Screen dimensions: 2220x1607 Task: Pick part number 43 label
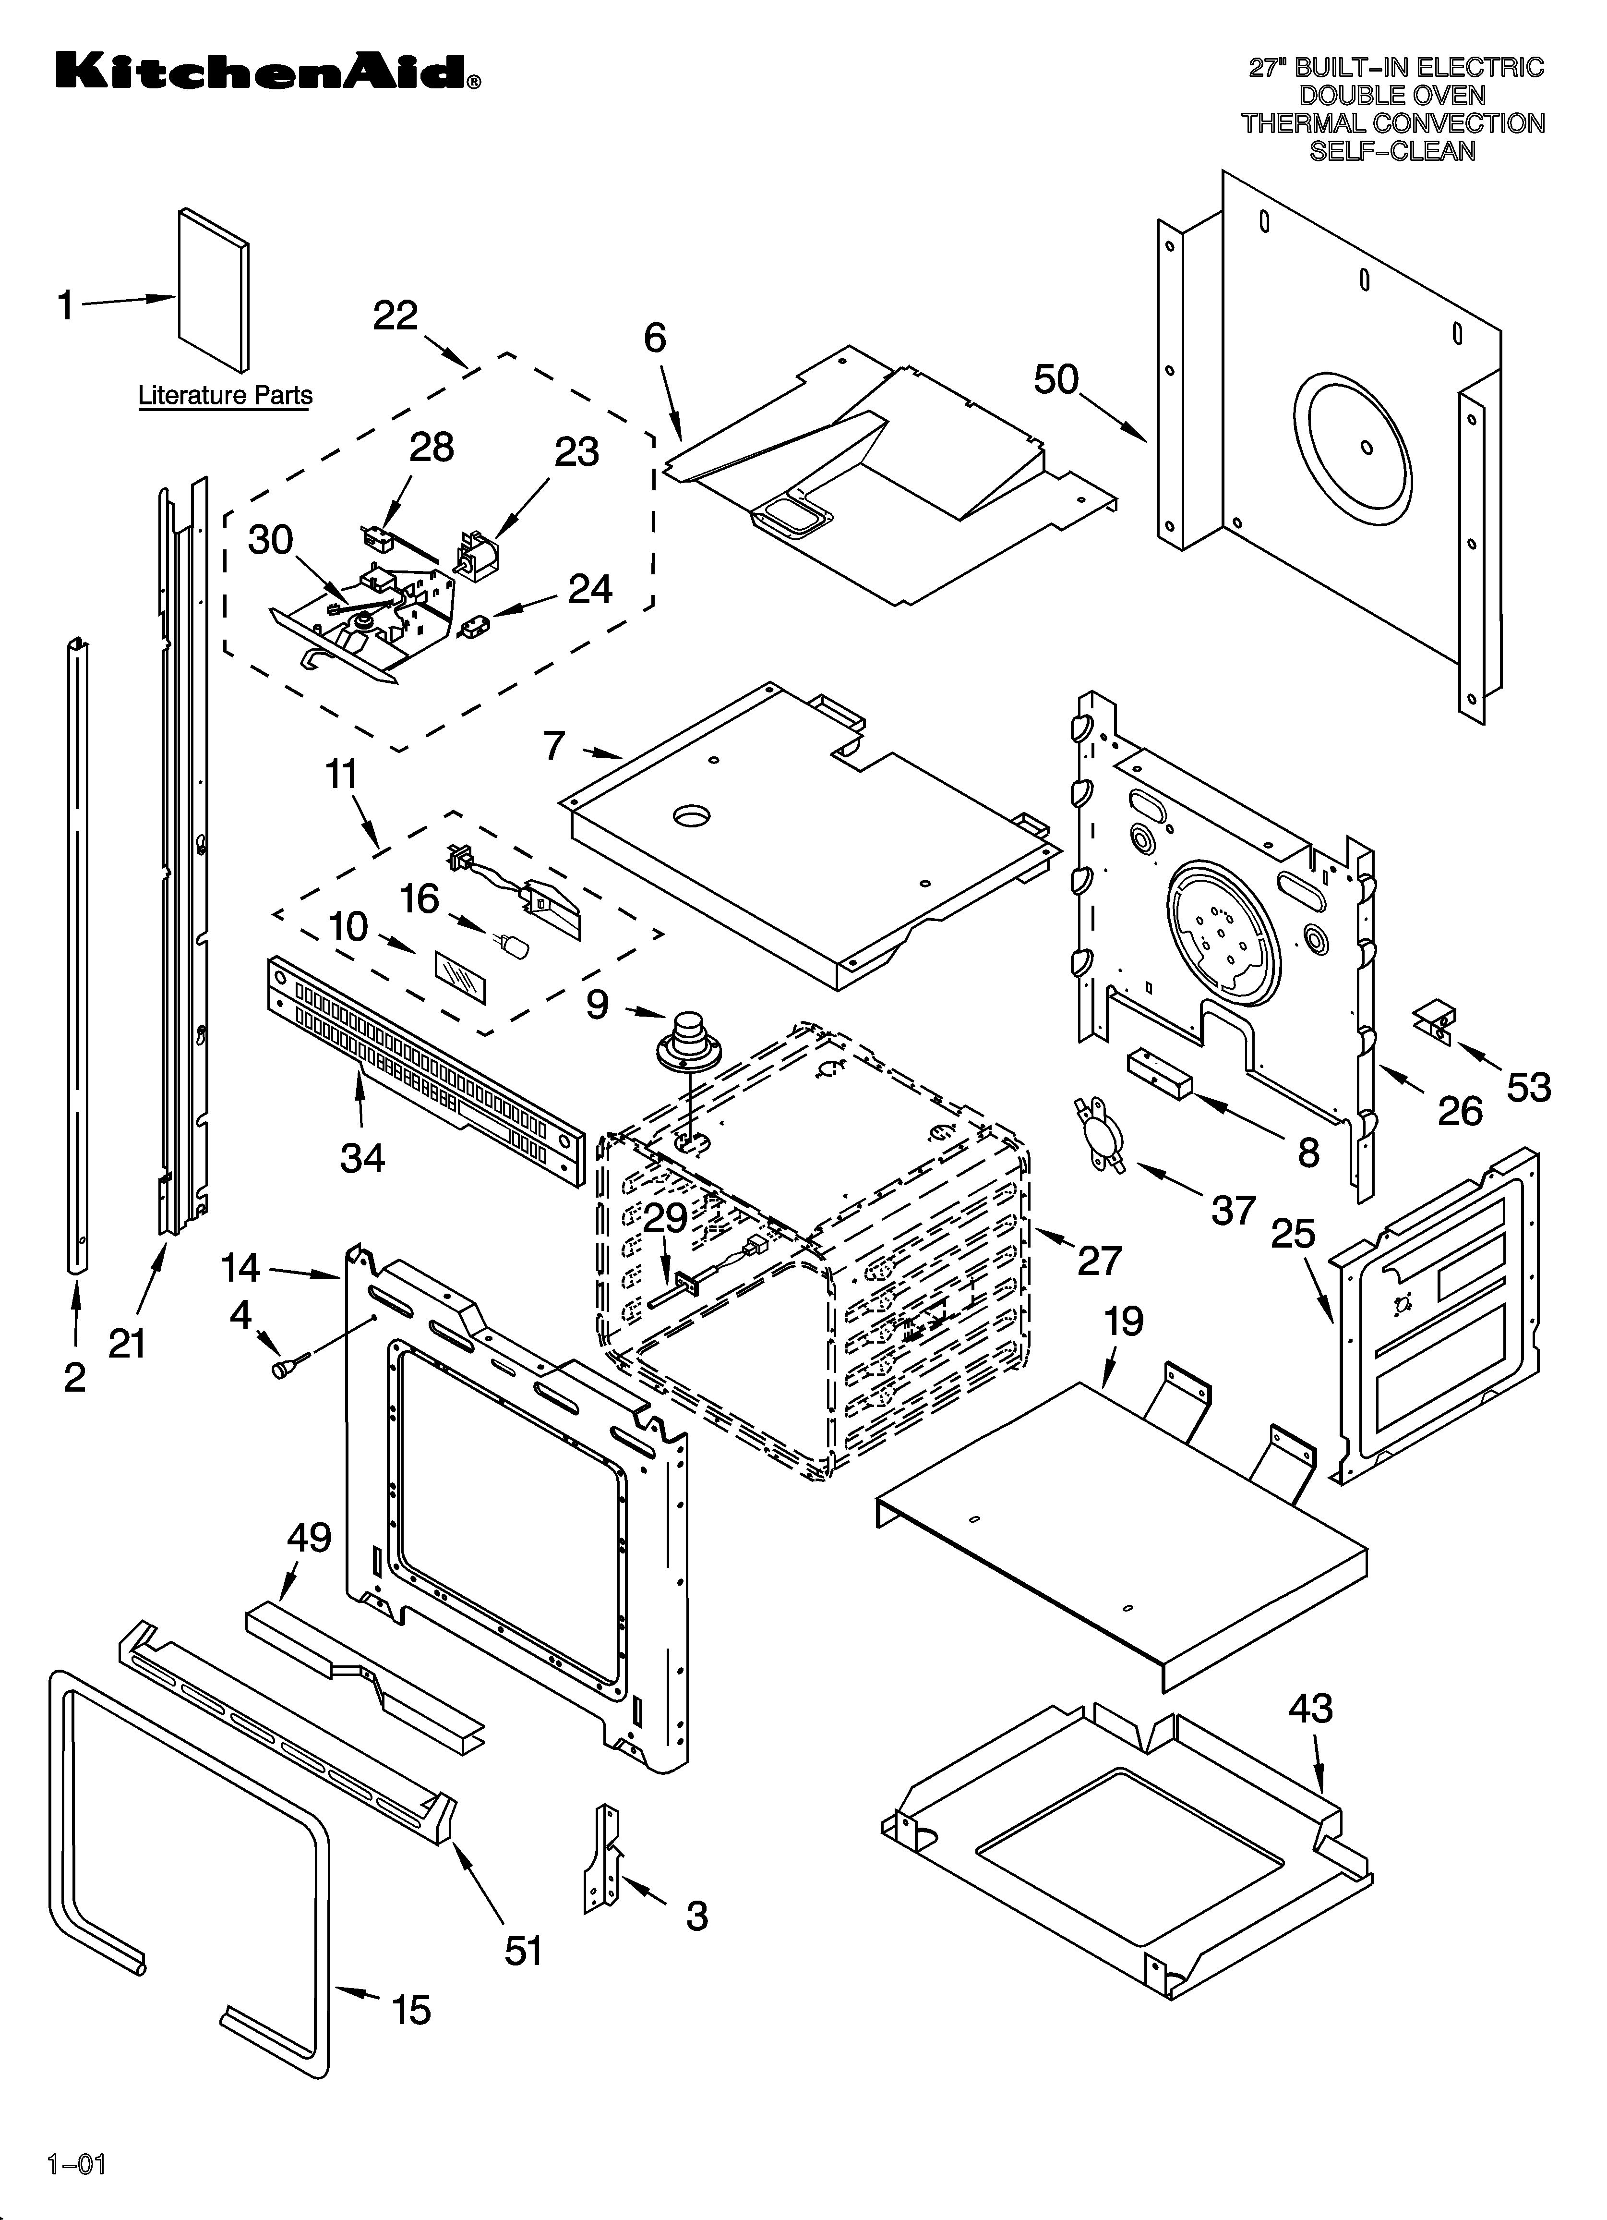tap(1309, 1708)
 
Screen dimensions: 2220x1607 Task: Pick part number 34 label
tap(362, 1158)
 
